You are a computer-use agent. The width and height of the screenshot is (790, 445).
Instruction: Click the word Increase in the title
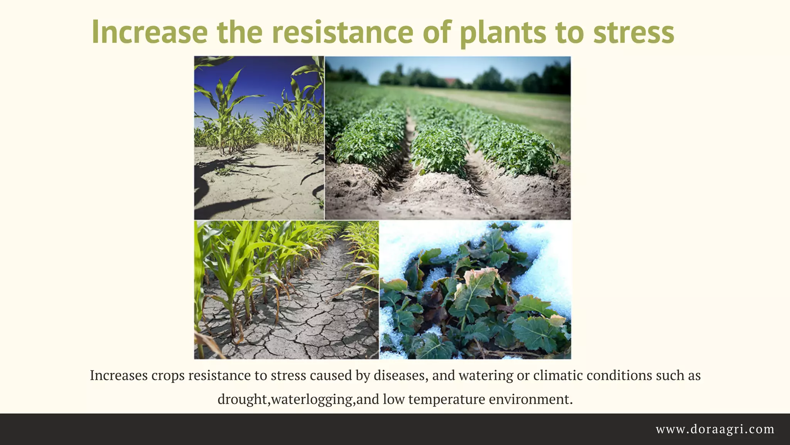[150, 32]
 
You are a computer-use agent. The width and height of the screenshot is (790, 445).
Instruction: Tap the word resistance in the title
[343, 32]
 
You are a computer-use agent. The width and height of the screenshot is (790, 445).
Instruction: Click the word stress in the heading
[633, 32]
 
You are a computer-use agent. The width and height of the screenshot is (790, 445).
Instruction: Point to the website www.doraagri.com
[715, 429]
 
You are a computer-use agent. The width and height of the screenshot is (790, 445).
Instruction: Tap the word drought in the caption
[243, 399]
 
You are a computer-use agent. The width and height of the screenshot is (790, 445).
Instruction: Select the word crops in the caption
[168, 375]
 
